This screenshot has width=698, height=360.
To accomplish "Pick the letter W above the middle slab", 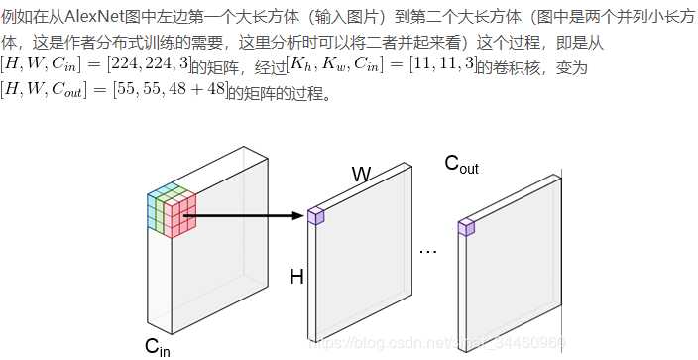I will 362,175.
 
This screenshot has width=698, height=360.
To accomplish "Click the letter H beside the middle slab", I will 295,277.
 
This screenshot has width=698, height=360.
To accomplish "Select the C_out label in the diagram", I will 461,164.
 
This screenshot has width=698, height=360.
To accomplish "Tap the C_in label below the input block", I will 158,346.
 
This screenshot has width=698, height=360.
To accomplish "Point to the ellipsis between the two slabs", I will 428,251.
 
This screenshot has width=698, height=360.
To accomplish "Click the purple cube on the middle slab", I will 316,215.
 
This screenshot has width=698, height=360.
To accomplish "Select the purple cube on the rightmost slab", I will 466,227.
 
